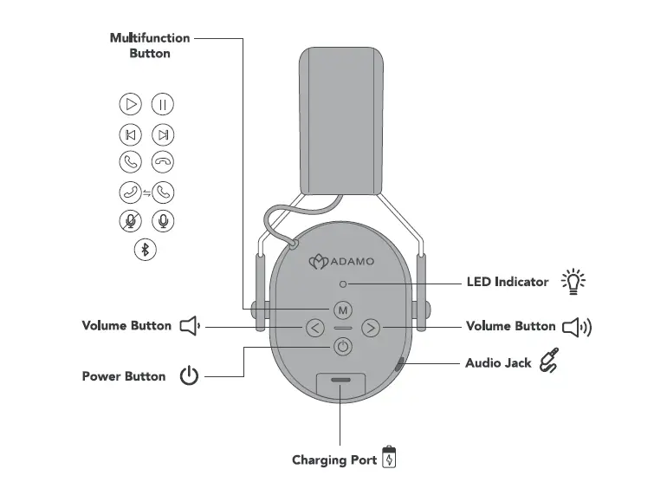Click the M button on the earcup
click(342, 310)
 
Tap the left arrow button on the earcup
click(314, 328)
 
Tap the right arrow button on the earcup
click(370, 328)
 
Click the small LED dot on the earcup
click(343, 284)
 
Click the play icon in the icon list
click(130, 105)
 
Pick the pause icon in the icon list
click(163, 105)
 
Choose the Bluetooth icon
click(146, 250)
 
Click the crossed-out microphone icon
click(130, 220)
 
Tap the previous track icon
click(130, 134)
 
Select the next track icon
click(163, 134)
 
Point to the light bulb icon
click(573, 282)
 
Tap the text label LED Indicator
click(507, 282)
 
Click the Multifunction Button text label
click(150, 45)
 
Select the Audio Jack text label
click(498, 362)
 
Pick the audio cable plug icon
click(549, 361)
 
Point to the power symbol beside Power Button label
click(189, 377)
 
